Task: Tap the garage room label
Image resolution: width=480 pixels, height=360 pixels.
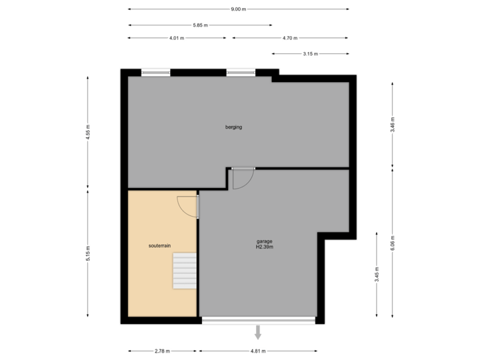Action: [x=265, y=244]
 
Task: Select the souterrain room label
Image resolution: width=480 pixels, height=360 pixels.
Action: [x=160, y=245]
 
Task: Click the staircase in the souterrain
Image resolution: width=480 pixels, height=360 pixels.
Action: [x=185, y=271]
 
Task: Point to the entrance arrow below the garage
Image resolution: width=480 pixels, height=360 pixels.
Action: [x=258, y=333]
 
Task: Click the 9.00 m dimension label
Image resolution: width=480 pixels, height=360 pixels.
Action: [x=238, y=9]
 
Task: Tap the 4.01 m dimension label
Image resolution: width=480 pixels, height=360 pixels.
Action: [x=177, y=38]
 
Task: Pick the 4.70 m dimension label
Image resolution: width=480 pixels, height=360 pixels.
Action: [x=290, y=38]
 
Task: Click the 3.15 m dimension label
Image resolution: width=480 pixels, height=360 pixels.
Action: [x=310, y=53]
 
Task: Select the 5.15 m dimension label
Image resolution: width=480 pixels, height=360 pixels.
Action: [x=88, y=254]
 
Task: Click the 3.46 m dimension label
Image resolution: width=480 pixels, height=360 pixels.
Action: [x=393, y=125]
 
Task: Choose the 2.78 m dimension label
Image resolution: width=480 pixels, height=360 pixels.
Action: [x=162, y=351]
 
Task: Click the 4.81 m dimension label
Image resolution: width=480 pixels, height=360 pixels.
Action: [x=258, y=351]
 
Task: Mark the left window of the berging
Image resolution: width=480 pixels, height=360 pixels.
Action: [x=155, y=73]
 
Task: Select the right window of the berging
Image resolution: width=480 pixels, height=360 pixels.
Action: [x=241, y=73]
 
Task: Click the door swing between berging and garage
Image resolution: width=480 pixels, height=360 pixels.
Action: [x=243, y=179]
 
